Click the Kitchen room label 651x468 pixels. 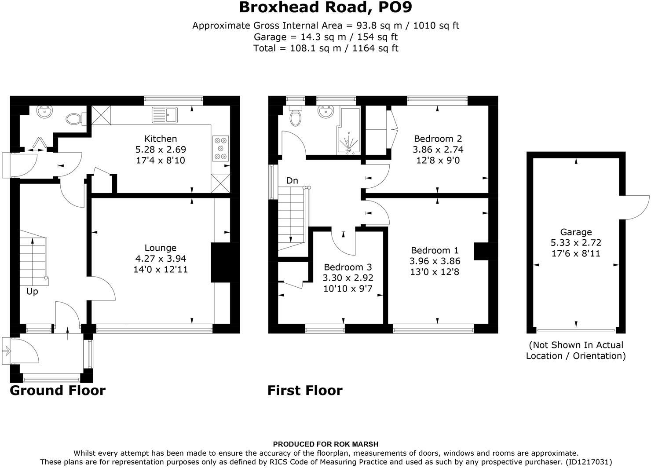161,139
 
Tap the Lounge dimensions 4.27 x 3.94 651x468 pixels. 161,259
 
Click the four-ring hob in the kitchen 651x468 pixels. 221,148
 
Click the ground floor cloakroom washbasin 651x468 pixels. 44,112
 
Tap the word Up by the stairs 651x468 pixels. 32,292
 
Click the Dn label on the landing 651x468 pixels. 292,180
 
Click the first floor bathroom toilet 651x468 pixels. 295,116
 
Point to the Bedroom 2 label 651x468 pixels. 438,139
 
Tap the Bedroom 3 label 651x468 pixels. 347,267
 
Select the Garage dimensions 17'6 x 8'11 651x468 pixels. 576,253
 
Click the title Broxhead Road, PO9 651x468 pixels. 325,7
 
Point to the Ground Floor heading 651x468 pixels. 58,391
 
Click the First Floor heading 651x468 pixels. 305,391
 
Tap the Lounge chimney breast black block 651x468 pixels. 220,262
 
